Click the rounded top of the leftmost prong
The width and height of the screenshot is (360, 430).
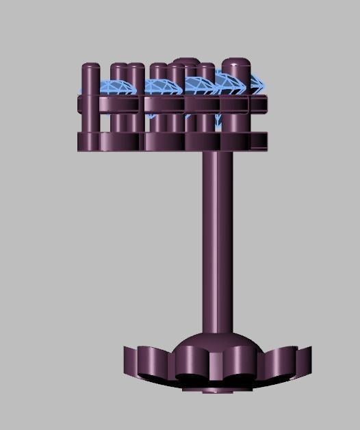pos(90,67)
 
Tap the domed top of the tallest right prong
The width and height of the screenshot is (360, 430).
pos(235,63)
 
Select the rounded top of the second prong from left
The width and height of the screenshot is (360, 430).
pos(118,68)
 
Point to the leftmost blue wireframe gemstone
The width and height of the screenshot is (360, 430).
pos(113,87)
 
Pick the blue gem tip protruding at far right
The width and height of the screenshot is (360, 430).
pos(258,85)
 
